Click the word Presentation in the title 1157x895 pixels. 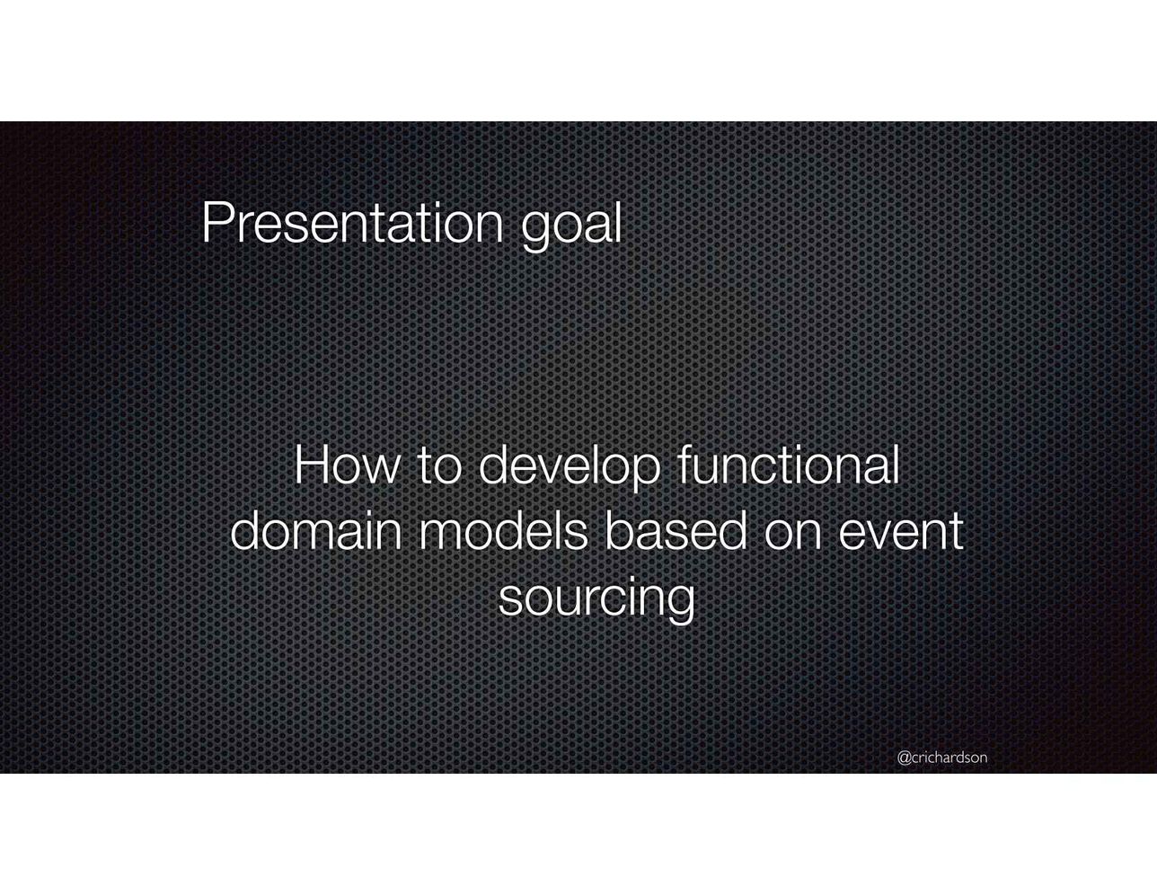coord(352,223)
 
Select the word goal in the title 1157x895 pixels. coord(571,226)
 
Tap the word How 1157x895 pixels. coord(346,465)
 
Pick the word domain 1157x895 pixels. coord(316,530)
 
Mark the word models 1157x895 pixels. coord(503,530)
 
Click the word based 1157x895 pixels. coord(676,530)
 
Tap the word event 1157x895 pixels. coord(901,533)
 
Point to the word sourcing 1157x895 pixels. coord(596,600)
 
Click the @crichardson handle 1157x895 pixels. coord(942,758)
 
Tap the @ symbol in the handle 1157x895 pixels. coord(905,758)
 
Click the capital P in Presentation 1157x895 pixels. coord(217,223)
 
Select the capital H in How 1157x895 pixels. coord(311,465)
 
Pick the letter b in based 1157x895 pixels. coord(620,530)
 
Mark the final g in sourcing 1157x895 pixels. coord(679,606)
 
